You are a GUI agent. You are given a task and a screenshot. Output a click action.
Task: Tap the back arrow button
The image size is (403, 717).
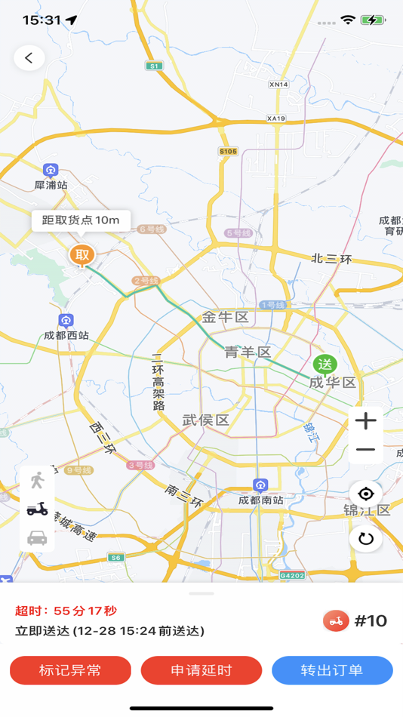(29, 57)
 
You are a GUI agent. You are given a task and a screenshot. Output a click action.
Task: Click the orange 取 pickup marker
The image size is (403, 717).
(82, 255)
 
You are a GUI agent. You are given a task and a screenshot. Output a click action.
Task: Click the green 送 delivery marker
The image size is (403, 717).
(325, 365)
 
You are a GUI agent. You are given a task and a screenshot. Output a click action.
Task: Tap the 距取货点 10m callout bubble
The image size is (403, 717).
(81, 220)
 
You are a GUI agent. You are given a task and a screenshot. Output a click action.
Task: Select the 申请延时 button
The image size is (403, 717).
(201, 670)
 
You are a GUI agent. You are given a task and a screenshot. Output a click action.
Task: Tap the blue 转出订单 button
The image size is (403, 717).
(332, 670)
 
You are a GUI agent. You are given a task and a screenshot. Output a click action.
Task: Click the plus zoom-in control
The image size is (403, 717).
(366, 421)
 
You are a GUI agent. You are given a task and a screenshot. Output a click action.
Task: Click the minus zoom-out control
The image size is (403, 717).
(366, 450)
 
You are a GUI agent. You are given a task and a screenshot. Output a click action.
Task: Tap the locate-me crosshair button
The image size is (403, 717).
(366, 494)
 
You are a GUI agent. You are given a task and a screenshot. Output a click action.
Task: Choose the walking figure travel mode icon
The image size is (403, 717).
(37, 482)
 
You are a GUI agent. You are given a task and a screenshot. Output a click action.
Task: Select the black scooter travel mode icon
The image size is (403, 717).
(37, 509)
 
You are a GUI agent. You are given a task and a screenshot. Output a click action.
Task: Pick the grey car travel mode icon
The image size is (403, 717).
(37, 537)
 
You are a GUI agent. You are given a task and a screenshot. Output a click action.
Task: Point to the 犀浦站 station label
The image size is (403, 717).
(51, 184)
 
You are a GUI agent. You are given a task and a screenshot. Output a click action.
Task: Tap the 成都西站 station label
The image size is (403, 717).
(66, 334)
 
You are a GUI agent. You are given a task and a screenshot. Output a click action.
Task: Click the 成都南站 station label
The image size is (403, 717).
(261, 500)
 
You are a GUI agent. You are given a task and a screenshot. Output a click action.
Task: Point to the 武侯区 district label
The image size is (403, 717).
(205, 420)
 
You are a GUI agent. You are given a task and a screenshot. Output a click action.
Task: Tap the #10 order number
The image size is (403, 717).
(371, 621)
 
